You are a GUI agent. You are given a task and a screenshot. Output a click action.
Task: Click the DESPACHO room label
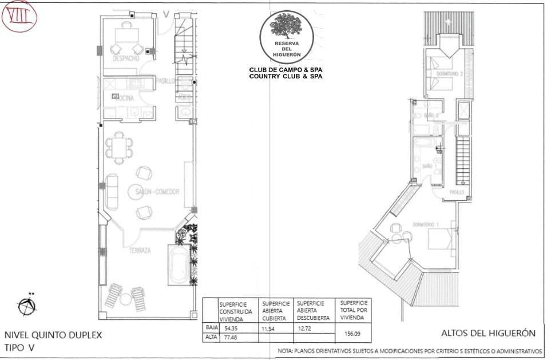(126, 59)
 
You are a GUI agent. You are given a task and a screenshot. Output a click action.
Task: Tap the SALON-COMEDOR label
(154, 191)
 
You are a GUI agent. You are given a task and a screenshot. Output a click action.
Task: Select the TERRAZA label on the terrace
(140, 251)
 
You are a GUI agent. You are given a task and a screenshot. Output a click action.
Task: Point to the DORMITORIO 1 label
(425, 224)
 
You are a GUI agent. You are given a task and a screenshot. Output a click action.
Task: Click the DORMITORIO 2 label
(449, 74)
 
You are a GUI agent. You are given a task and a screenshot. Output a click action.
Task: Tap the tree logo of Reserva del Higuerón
(286, 27)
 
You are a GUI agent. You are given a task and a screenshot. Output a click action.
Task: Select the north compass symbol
(26, 307)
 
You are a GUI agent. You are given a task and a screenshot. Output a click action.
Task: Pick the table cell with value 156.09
(352, 332)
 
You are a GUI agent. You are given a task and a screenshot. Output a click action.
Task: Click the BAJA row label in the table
(211, 328)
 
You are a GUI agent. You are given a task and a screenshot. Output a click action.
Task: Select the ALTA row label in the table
(211, 338)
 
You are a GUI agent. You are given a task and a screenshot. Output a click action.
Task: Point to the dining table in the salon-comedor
(119, 148)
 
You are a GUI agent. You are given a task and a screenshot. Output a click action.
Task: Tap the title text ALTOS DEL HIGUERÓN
(488, 333)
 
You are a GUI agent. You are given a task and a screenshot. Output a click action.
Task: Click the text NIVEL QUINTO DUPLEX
(53, 335)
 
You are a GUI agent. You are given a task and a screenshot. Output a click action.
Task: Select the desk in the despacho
(127, 35)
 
